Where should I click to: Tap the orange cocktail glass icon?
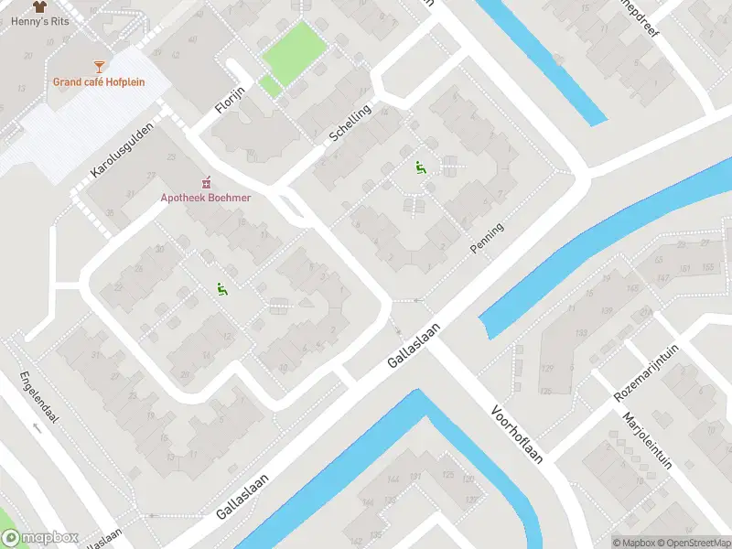coord(99,65)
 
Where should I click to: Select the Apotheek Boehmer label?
coord(206,197)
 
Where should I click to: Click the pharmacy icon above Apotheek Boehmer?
coord(206,180)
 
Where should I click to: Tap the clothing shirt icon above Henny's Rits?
coord(39,5)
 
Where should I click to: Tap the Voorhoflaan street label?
coord(517,434)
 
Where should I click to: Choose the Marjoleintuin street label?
coord(646,440)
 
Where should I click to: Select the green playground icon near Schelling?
coord(420,167)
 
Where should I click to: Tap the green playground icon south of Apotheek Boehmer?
coord(221,288)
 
